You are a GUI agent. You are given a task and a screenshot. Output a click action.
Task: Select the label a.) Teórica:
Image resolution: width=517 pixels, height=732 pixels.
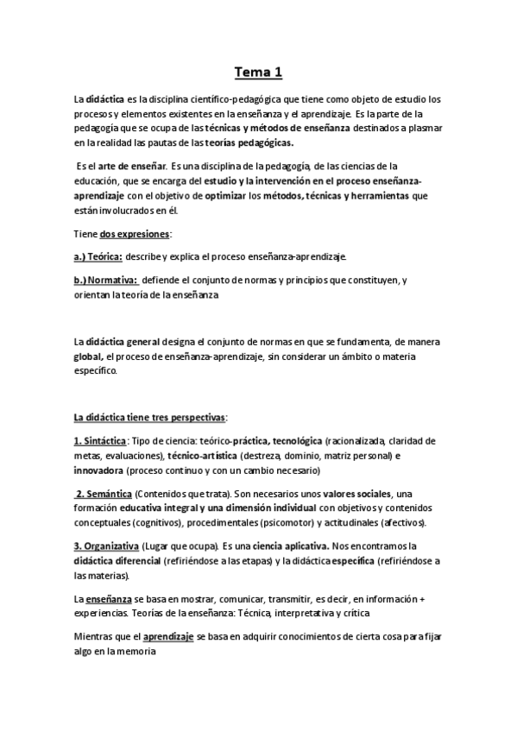pos(99,257)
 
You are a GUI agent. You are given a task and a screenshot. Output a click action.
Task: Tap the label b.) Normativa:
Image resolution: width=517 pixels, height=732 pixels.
pos(106,281)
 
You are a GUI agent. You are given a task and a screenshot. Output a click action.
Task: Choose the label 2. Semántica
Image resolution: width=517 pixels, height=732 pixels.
pos(104,494)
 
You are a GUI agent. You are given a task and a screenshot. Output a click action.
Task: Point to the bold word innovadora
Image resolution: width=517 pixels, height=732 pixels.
pos(98,470)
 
